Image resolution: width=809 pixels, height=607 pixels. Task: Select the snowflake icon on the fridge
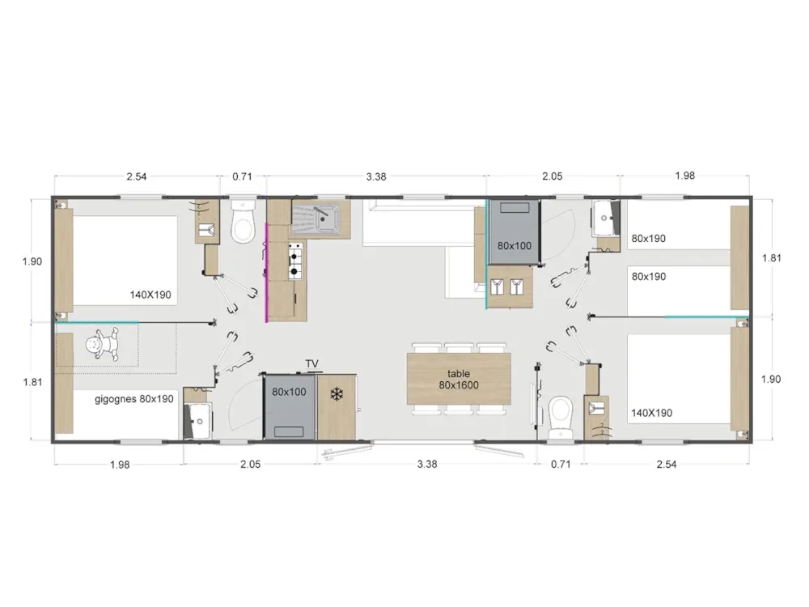point(336,395)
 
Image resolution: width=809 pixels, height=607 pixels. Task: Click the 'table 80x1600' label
point(459,380)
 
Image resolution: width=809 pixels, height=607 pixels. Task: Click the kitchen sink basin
point(328,218)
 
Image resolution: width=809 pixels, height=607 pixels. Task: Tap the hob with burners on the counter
point(295,260)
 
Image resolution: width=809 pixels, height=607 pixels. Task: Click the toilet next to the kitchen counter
point(243,223)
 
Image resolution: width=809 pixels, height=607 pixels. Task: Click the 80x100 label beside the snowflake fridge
point(289,393)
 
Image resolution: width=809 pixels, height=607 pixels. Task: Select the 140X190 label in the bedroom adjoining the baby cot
point(150,295)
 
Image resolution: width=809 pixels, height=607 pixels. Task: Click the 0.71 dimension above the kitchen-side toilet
point(242,176)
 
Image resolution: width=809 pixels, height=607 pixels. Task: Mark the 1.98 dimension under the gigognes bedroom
point(120,465)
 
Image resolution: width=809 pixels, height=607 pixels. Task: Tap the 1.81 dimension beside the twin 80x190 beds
point(772,258)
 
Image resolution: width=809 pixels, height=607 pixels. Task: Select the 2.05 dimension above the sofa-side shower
point(552,176)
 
